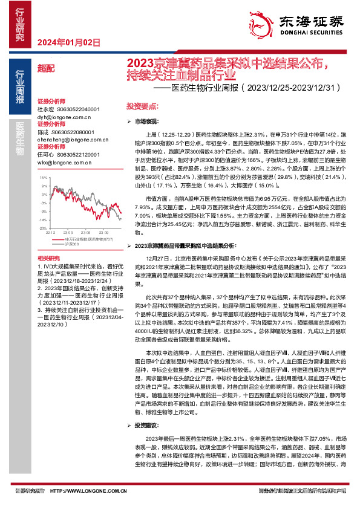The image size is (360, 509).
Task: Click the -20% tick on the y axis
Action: pyautogui.click(x=41, y=228)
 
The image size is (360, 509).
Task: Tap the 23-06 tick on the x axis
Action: pyautogui.click(x=86, y=232)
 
